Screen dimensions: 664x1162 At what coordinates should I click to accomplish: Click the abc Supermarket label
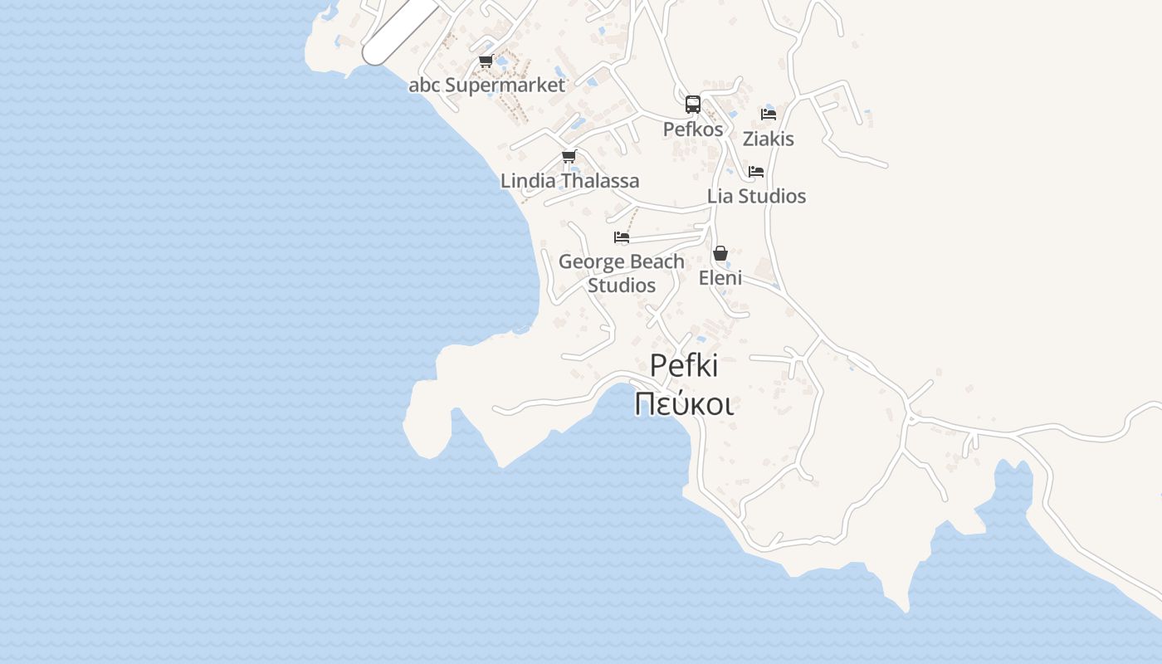tap(486, 85)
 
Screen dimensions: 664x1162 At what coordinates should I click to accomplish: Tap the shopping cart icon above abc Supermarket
tap(486, 61)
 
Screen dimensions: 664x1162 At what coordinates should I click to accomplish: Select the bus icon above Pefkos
tap(693, 105)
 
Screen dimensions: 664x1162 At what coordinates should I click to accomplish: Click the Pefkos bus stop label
tap(693, 129)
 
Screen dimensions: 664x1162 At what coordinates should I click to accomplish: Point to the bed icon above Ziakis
tap(769, 114)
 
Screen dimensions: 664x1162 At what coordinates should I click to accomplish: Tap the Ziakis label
tap(769, 139)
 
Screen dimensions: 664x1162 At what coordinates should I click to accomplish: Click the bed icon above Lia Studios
tap(756, 172)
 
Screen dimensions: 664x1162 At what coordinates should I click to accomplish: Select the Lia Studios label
tap(756, 196)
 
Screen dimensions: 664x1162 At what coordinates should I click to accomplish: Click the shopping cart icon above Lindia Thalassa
tap(569, 156)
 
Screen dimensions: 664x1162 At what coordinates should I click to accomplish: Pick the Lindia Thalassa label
tap(569, 180)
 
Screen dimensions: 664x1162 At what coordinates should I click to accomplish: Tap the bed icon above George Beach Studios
tap(621, 237)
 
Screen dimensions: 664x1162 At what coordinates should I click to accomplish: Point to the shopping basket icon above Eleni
tap(720, 253)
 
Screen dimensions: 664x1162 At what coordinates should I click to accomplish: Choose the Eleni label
tap(720, 277)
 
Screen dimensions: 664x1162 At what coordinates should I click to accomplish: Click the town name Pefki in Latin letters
tap(684, 365)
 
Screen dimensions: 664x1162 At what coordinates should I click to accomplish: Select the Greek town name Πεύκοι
tap(684, 404)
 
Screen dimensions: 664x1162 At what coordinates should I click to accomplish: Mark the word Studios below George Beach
tap(622, 285)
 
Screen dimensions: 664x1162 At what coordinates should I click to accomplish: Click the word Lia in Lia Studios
tap(720, 196)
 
